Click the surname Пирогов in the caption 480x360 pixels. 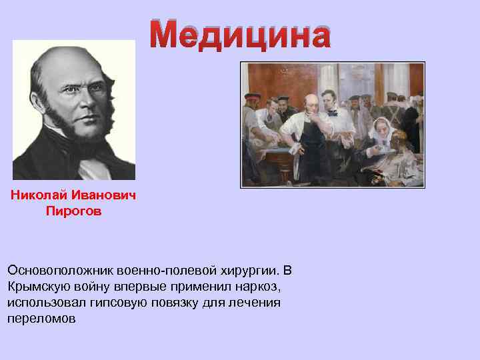[x=73, y=211]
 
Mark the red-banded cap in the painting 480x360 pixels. [x=251, y=96]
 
